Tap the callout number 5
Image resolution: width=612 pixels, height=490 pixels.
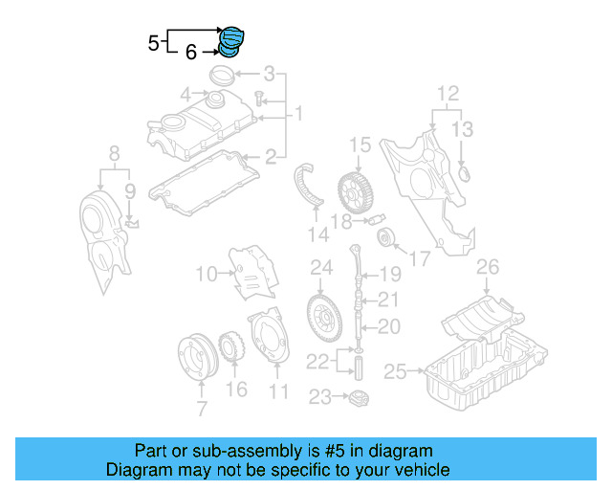(154, 42)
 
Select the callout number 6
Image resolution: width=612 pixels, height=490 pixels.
(191, 53)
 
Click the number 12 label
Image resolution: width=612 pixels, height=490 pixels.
(448, 94)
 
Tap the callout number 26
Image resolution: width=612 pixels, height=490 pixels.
(488, 265)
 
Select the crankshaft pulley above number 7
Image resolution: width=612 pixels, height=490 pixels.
(200, 359)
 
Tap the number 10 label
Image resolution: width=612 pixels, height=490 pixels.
(207, 275)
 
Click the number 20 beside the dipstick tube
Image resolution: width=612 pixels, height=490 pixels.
(388, 326)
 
